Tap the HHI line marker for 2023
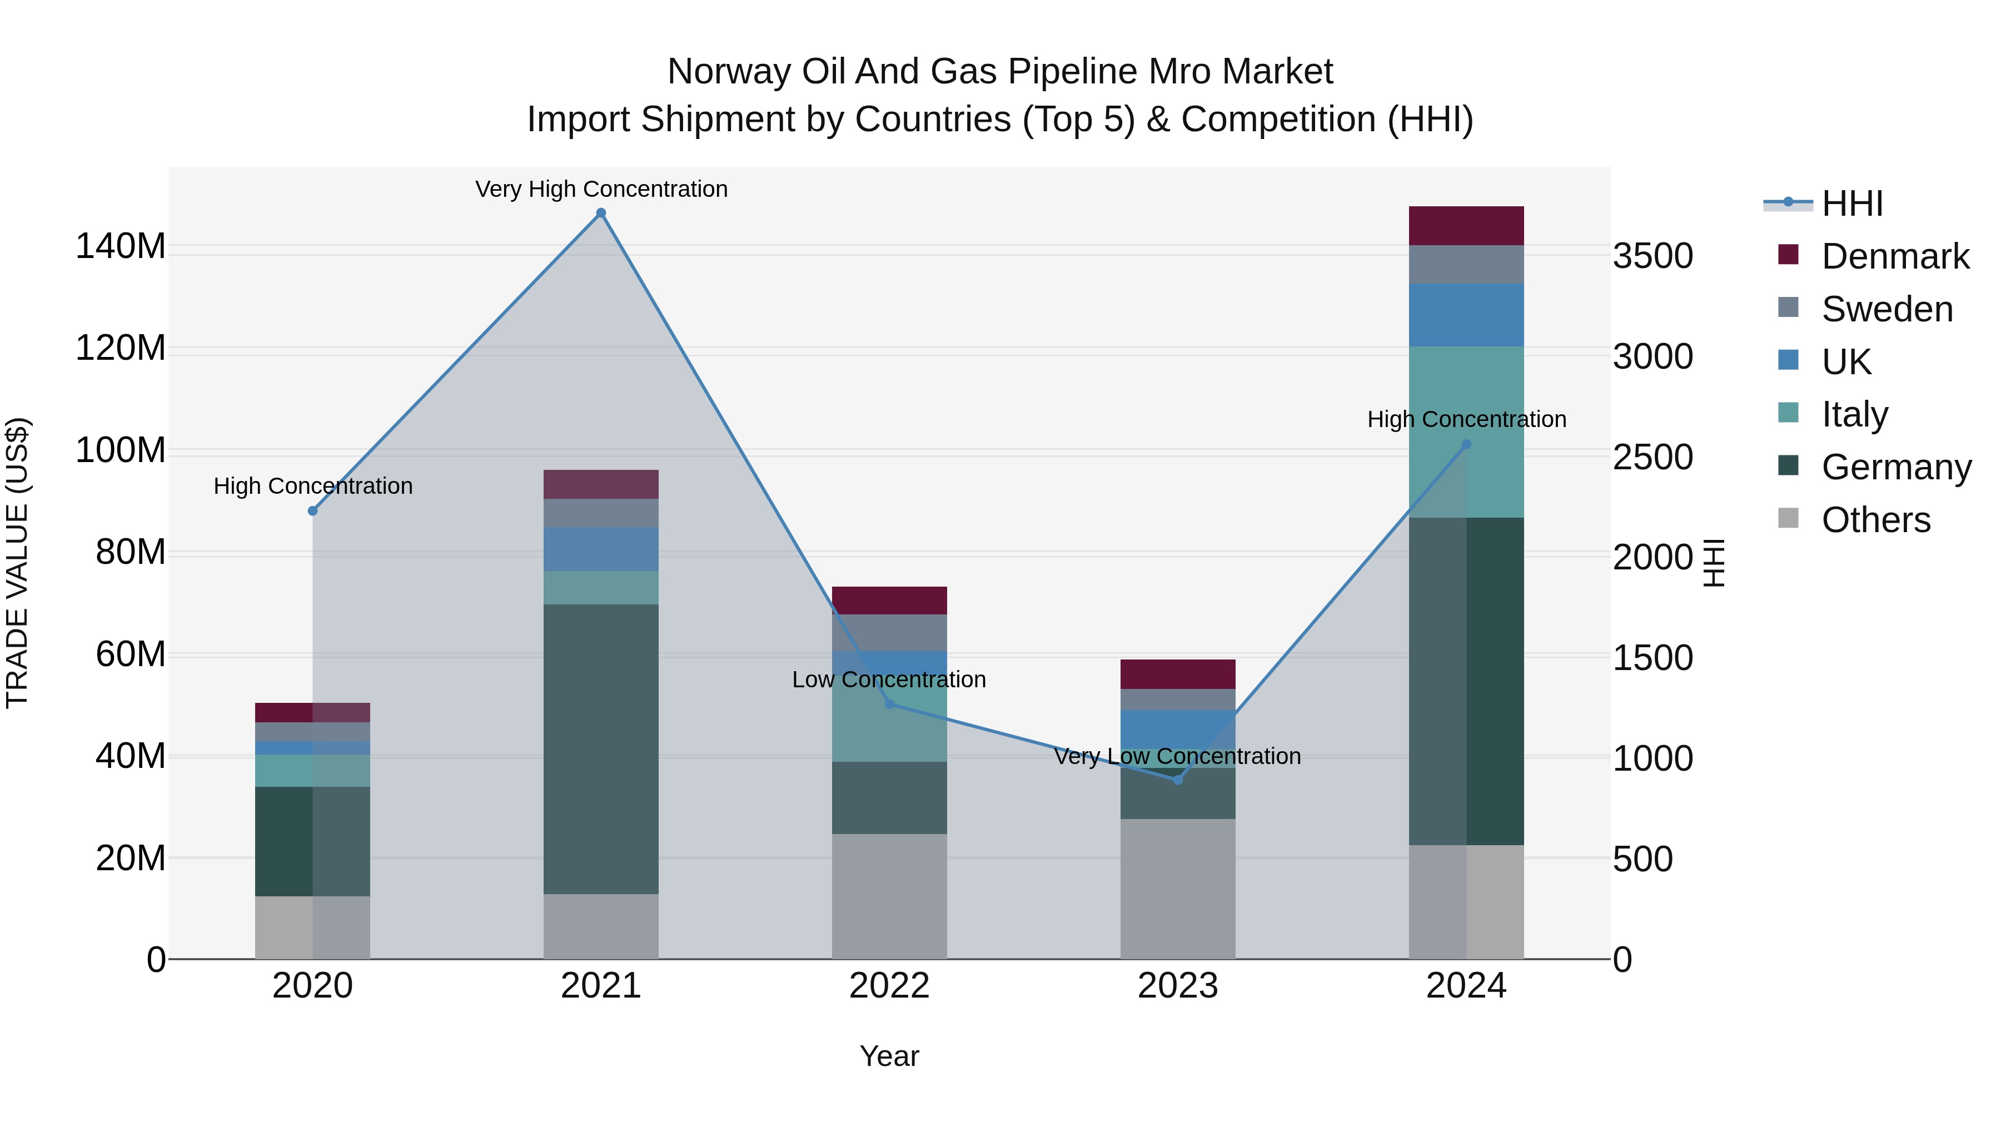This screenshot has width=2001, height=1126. click(1178, 780)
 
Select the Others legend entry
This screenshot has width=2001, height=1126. click(1875, 519)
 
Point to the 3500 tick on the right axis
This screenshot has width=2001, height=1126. click(1652, 256)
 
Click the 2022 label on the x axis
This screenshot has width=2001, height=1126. click(889, 985)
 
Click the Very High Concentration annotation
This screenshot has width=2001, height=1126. click(601, 189)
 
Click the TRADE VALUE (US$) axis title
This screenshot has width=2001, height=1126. click(17, 563)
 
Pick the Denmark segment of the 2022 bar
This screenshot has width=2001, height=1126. click(889, 600)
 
